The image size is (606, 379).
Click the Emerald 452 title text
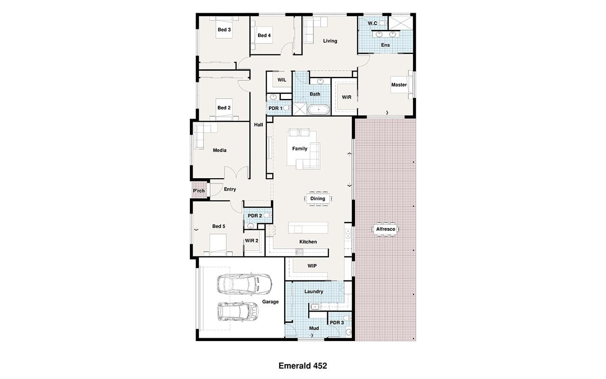click(x=303, y=366)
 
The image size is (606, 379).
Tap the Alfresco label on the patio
click(x=385, y=229)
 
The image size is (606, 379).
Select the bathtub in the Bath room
click(x=319, y=109)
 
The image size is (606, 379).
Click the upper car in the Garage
click(x=244, y=284)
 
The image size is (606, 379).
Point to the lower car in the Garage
click(x=238, y=312)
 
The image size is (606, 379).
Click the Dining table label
click(x=318, y=199)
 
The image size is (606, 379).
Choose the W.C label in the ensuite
click(x=372, y=23)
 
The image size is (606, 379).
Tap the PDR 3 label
click(x=337, y=323)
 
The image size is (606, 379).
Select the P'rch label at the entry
click(x=199, y=191)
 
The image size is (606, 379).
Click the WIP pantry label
click(x=312, y=266)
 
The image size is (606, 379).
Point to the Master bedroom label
click(x=399, y=85)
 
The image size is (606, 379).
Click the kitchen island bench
click(x=308, y=228)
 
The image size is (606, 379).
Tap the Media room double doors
click(x=236, y=172)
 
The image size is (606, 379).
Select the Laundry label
click(x=314, y=291)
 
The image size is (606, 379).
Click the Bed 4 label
click(x=264, y=36)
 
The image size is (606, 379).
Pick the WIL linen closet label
click(x=282, y=80)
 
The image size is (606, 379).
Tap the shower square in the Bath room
click(x=300, y=109)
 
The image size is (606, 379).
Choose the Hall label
click(x=258, y=125)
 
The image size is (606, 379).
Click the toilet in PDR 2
click(x=267, y=216)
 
